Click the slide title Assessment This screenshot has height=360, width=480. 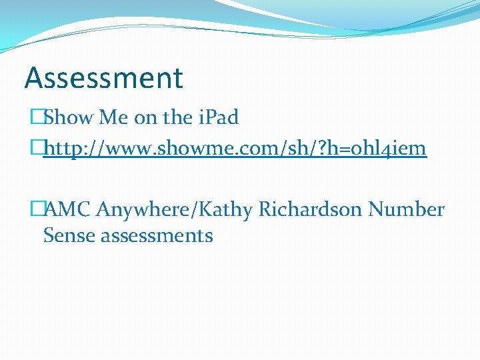103,77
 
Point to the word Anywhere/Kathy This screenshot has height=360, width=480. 175,210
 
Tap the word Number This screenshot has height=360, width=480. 406,210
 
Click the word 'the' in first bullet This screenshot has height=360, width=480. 177,118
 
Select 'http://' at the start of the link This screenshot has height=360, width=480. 73,148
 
